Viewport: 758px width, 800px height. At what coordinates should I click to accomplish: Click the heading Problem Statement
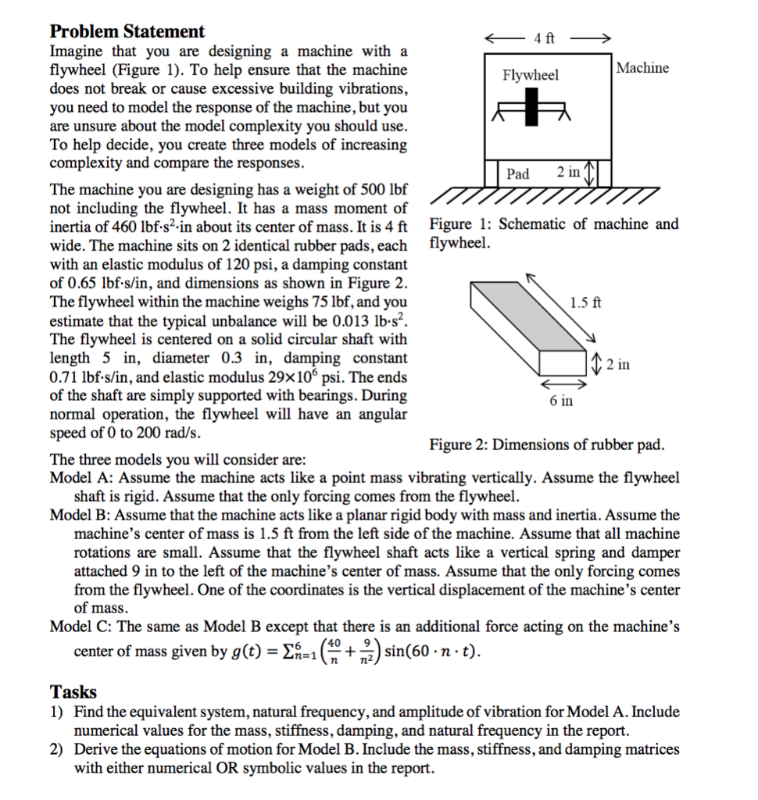[127, 32]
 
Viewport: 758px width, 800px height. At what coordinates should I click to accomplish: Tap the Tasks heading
[73, 692]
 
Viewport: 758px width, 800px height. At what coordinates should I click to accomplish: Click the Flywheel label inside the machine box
[531, 75]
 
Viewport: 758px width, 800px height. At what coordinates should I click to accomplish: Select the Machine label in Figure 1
[642, 68]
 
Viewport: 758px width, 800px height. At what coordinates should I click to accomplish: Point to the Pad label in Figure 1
[518, 173]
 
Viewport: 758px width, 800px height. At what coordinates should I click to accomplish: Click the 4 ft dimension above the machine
[545, 38]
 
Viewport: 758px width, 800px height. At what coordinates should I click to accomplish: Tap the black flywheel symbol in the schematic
[532, 106]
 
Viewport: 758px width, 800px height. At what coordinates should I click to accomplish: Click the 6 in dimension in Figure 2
[561, 401]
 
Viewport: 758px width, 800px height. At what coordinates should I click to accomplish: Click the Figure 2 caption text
[547, 445]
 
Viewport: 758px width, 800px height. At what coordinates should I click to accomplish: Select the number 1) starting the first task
[57, 712]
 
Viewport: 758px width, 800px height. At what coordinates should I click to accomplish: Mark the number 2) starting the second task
[57, 749]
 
